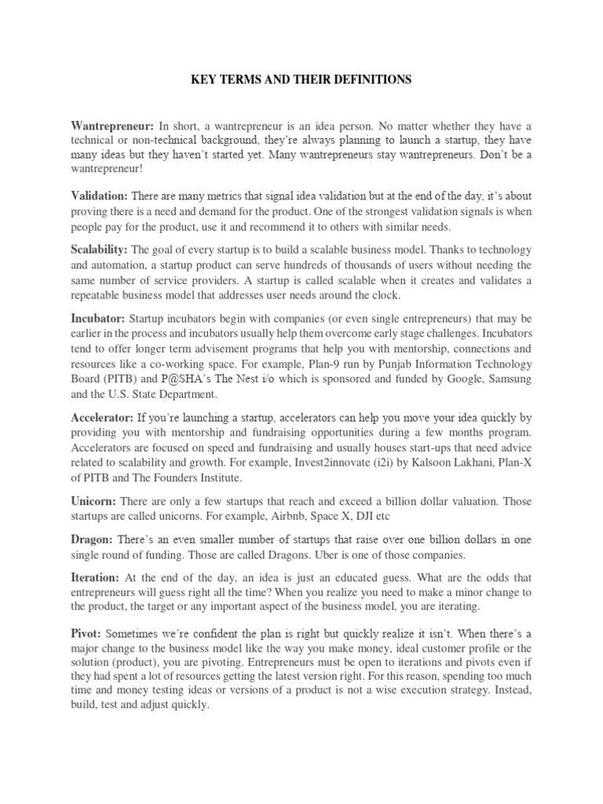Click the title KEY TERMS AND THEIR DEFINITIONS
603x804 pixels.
(x=301, y=80)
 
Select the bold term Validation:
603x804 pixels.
(x=99, y=195)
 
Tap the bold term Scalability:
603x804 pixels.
(x=100, y=250)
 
